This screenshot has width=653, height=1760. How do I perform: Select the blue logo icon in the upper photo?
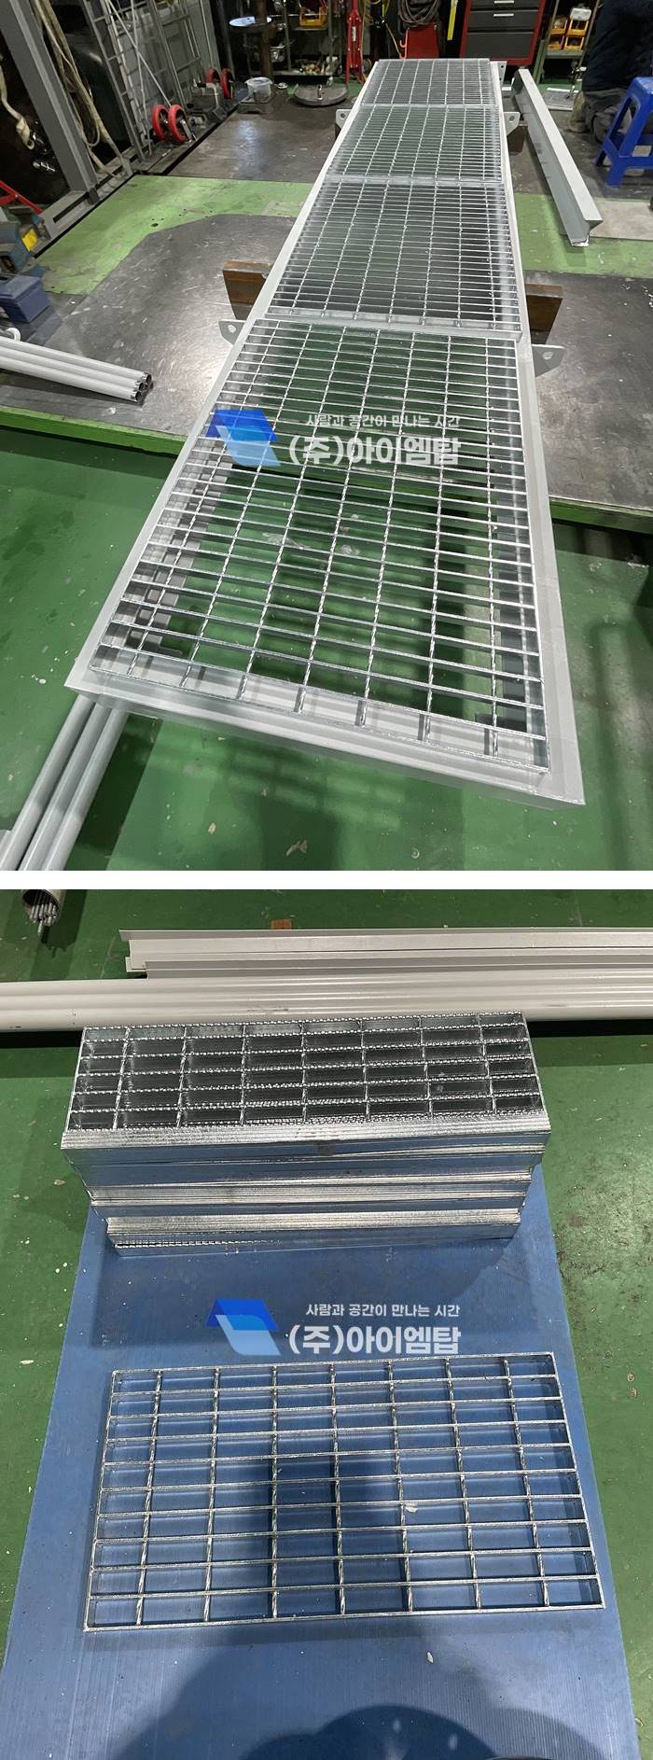tap(242, 438)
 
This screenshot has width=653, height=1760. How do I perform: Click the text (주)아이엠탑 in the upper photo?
tap(373, 450)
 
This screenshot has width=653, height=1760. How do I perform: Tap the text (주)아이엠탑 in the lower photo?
tap(373, 1339)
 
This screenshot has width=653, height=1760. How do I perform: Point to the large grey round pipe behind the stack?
tap(326, 1001)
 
